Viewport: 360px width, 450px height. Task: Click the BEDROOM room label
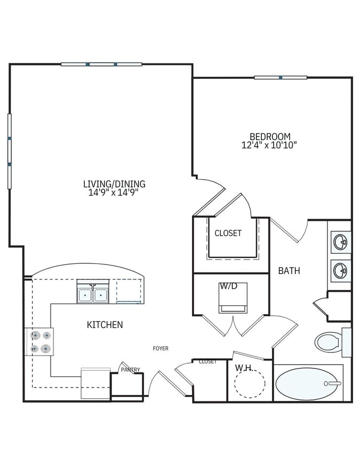coord(270,136)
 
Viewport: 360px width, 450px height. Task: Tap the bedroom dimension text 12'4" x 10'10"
coord(270,144)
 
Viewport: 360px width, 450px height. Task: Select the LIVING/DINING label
coord(114,184)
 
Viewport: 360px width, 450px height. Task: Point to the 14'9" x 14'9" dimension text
coord(114,192)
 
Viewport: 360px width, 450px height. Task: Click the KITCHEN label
coord(105,324)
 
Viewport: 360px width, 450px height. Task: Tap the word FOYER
coord(161,348)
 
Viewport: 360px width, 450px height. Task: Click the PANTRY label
coord(130,369)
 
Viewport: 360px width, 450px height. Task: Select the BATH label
coord(289,270)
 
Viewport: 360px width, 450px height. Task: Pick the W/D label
coord(228,286)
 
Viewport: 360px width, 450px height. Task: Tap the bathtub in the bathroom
coord(308,383)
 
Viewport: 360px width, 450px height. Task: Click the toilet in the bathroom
coord(329,342)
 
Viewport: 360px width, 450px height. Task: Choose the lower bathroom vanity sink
coord(340,270)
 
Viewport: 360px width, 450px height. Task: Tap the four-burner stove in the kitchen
coord(40,342)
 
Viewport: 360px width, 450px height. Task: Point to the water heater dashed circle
coord(250,383)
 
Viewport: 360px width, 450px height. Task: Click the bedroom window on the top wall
coord(281,77)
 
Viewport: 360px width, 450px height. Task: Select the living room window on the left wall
coord(9,151)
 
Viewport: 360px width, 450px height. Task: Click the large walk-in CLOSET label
coord(228,233)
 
